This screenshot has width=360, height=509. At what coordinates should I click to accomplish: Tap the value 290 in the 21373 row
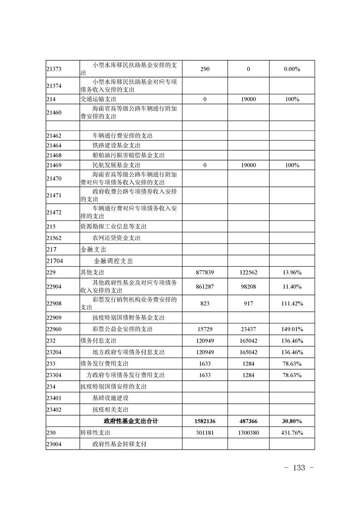204,69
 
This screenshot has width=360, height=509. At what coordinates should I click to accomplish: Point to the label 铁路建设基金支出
116,146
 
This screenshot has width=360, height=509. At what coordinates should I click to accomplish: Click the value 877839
204,272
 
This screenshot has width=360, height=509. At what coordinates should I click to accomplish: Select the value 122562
248,272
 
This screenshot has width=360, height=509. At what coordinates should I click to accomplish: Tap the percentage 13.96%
291,272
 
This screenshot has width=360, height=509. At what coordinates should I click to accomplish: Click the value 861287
204,286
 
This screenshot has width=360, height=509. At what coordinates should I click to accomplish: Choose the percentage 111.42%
291,303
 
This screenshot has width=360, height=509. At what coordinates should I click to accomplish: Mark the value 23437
248,329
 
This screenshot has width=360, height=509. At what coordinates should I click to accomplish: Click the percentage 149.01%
291,329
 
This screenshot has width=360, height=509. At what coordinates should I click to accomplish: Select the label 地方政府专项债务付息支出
128,352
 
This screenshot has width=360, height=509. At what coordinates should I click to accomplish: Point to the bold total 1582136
204,421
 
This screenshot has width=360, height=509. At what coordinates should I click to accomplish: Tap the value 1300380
248,432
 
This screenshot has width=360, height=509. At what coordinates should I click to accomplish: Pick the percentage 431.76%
291,432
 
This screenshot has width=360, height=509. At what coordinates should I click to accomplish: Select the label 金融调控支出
113,261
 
